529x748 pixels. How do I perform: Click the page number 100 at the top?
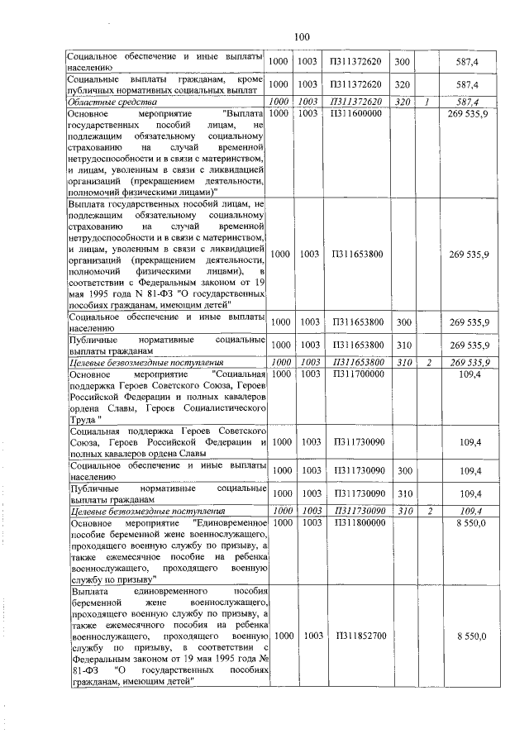coord(301,36)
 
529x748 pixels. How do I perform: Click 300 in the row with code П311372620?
coord(402,63)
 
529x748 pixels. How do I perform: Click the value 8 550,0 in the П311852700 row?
coord(468,636)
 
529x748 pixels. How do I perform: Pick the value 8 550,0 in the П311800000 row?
coord(468,522)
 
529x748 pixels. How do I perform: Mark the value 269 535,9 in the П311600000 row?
coord(468,112)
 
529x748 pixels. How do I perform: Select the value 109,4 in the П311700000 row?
coord(468,374)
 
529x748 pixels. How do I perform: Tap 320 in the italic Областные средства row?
coord(402,102)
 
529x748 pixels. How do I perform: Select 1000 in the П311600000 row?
coord(279,112)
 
